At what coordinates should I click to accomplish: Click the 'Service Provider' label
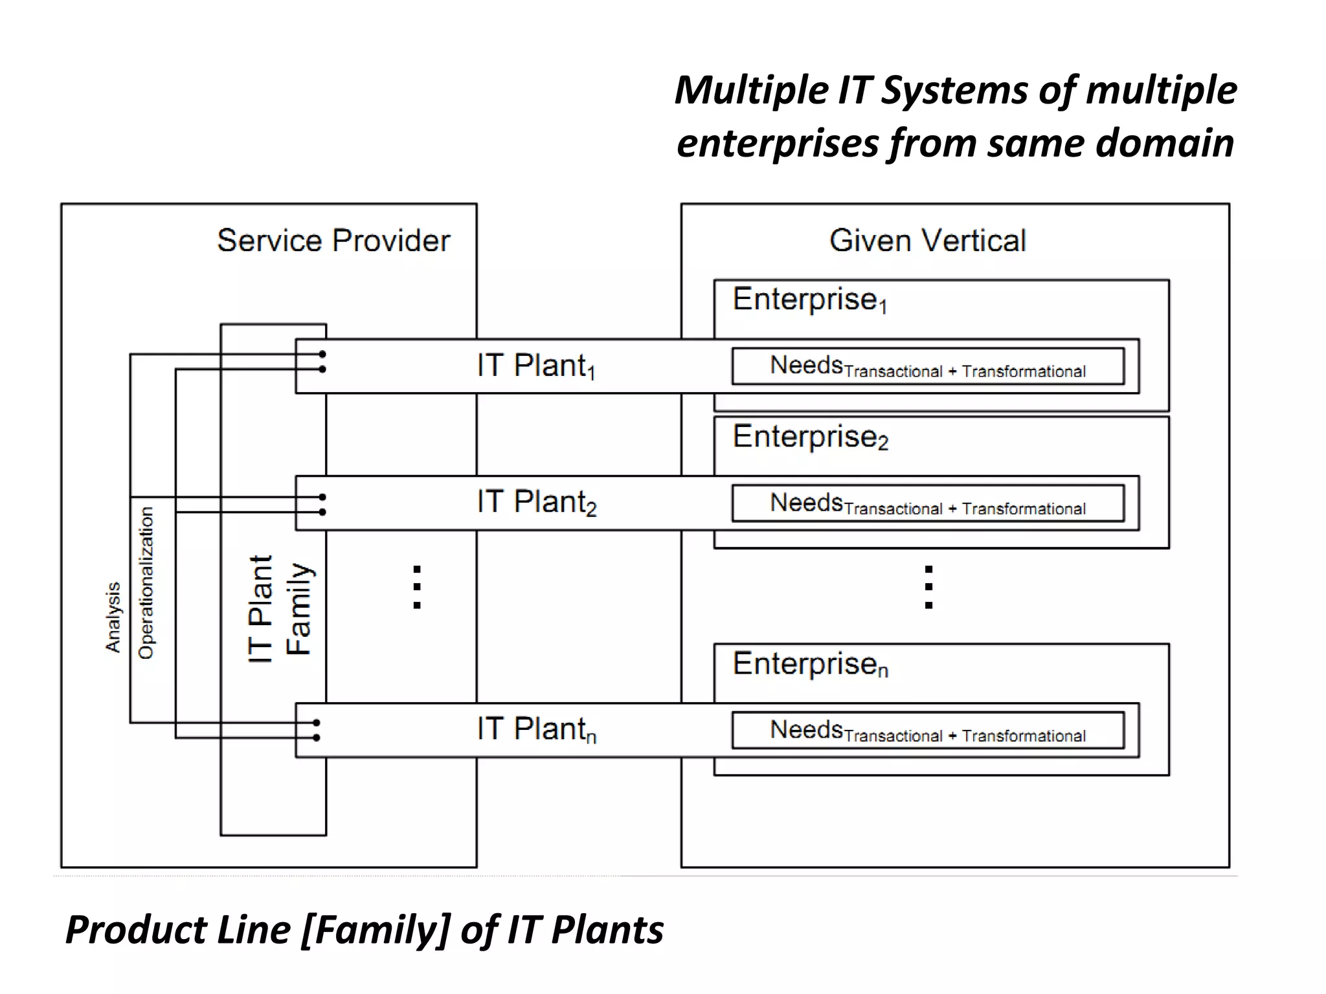pos(333,241)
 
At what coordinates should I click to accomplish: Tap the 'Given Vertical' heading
pos(927,241)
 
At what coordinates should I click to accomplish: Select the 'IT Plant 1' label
pos(535,366)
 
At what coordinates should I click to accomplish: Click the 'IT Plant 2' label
pos(536,502)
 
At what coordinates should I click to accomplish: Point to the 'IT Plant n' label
pos(536,729)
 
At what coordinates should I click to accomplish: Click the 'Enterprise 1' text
pos(809,300)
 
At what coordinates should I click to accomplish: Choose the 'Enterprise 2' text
pos(810,437)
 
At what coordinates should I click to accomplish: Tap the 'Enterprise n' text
pos(810,664)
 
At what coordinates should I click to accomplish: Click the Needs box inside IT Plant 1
pos(927,367)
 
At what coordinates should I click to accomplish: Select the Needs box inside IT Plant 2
pos(927,503)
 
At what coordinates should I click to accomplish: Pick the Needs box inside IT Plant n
pos(927,731)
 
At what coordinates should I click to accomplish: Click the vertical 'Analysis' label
pos(113,617)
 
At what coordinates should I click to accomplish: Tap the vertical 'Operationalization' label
pos(146,582)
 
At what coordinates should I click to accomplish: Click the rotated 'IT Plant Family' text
pos(280,608)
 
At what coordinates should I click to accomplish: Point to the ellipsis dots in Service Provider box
pos(417,587)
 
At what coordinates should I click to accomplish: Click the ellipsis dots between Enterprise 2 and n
pos(928,587)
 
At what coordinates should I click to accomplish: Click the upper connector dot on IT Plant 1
pos(322,354)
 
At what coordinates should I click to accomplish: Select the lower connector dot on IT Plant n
pos(317,738)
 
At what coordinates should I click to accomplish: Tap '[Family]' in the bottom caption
pos(376,930)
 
